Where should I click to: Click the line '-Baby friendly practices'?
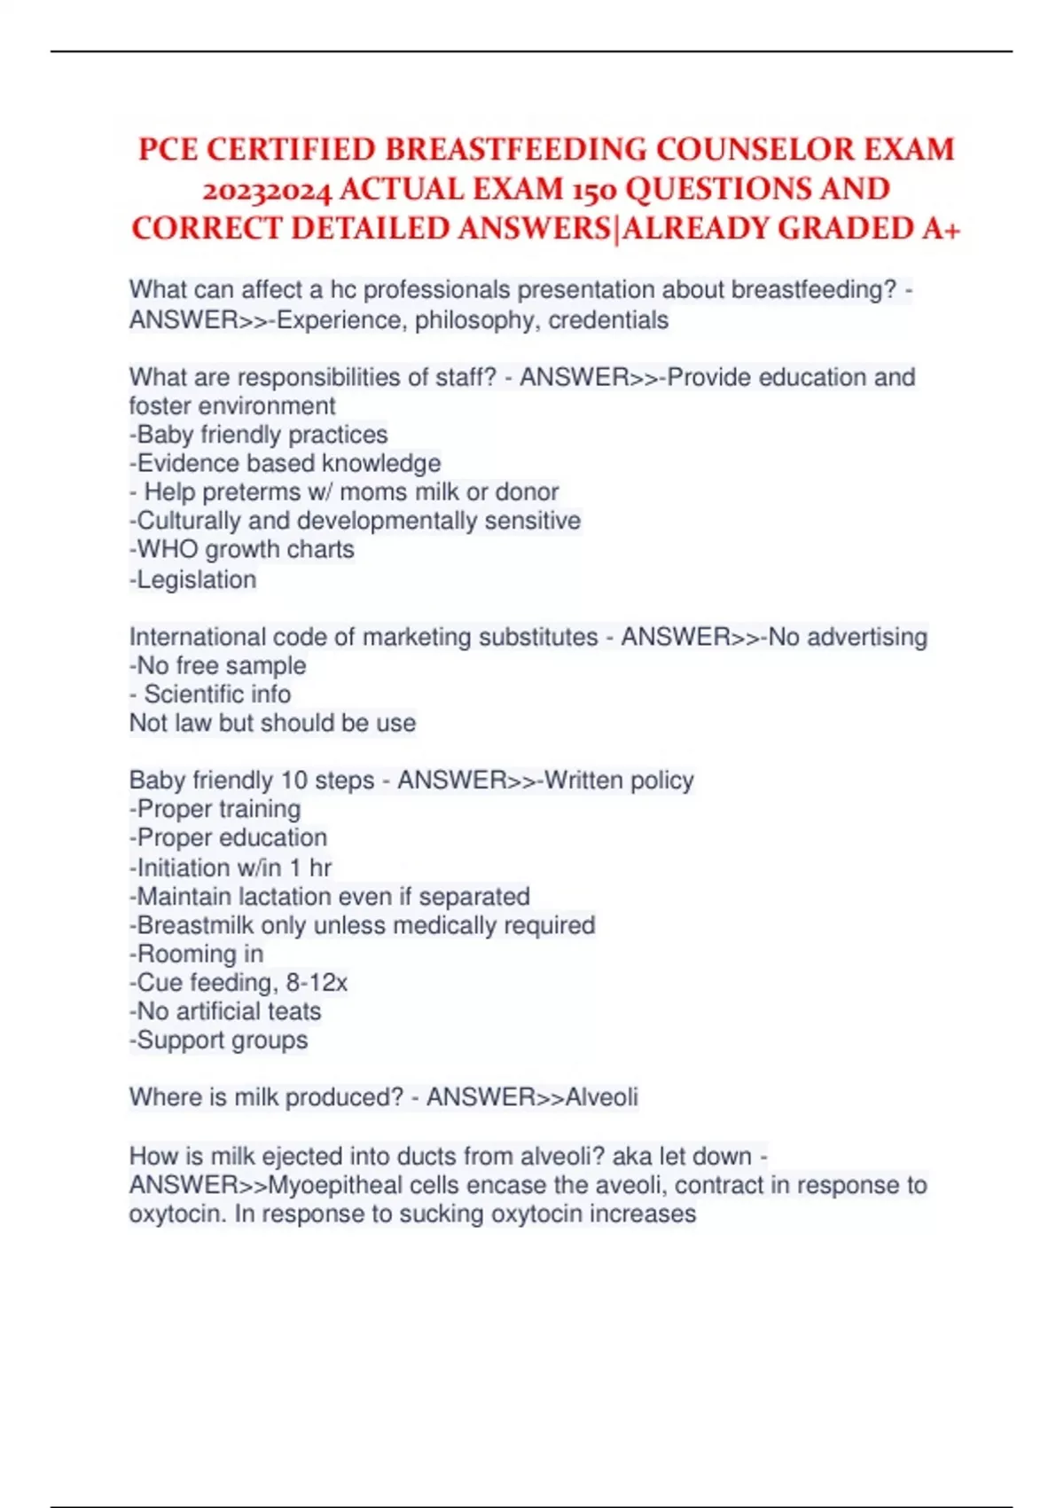tap(259, 435)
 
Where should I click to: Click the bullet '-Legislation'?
tap(193, 579)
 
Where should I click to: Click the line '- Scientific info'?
tap(210, 695)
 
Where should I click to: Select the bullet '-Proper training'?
tap(215, 809)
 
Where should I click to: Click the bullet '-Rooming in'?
tap(197, 954)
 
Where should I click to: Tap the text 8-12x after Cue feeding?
tap(317, 983)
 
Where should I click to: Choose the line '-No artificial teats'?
tap(226, 1012)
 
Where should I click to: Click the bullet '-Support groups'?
tap(219, 1041)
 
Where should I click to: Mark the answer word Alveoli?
tap(601, 1097)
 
